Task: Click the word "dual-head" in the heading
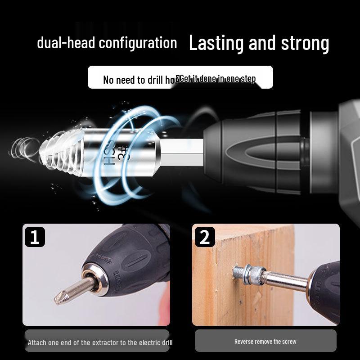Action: click(66, 43)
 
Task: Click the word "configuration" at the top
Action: click(138, 43)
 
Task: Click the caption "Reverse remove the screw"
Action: click(265, 342)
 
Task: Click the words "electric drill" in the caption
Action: click(153, 342)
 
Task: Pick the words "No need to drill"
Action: click(130, 80)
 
